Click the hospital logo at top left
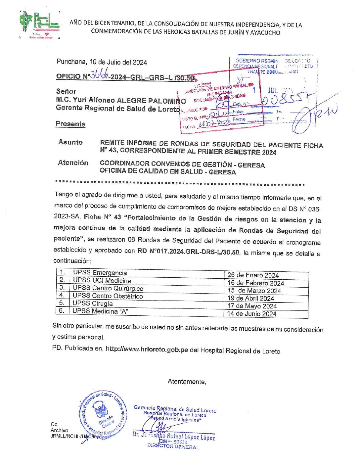point(40,24)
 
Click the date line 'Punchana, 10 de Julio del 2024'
point(102,62)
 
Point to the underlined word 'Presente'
point(70,124)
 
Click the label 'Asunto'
point(70,142)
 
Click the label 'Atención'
point(73,163)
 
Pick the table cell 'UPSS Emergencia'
point(100,273)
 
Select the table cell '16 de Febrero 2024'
point(255,283)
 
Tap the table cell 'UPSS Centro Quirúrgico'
point(108,288)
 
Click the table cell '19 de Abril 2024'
point(250,298)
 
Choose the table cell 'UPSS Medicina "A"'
point(100,311)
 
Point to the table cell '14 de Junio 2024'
point(251,314)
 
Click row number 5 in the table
point(62,303)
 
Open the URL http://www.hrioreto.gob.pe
point(147,349)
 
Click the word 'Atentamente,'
point(187,382)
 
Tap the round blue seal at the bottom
point(102,414)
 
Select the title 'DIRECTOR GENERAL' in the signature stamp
point(173,446)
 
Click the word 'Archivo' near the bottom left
point(59,430)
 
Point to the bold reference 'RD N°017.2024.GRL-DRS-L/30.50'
point(188,251)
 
